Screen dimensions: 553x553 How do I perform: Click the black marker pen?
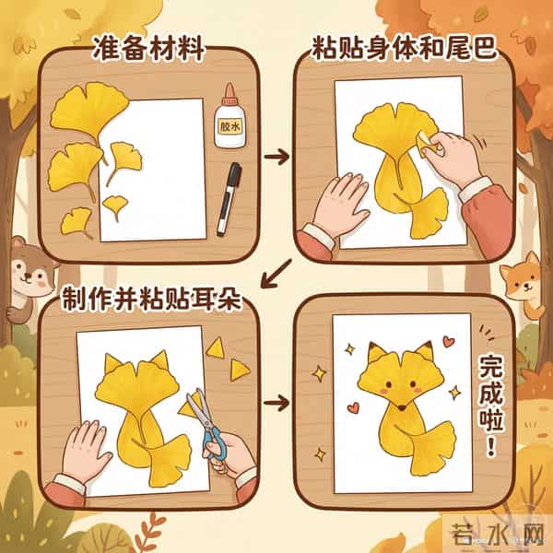(x=229, y=197)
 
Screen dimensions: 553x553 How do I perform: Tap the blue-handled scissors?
(x=206, y=425)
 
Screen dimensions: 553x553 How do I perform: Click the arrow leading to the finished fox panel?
(x=275, y=403)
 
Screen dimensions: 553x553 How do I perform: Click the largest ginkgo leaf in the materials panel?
(x=88, y=110)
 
